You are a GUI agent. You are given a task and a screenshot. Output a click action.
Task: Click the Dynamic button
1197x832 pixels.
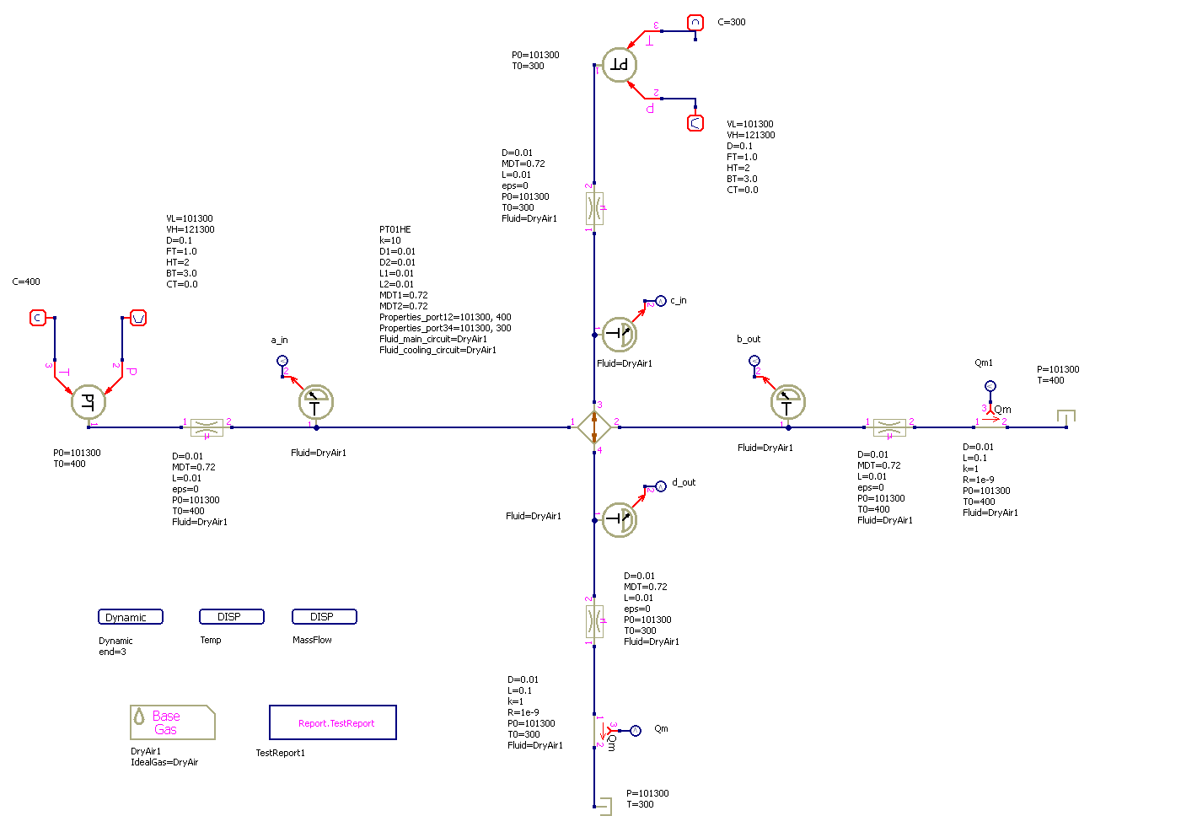pos(130,617)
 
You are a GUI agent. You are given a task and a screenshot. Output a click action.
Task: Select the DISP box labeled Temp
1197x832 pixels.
pos(231,617)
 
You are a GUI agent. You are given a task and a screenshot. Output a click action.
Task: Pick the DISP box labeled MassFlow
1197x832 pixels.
pos(324,617)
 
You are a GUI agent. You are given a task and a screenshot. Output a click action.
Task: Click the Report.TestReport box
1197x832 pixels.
pos(332,722)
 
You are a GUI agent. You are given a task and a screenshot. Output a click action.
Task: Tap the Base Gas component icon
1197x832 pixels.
pos(172,722)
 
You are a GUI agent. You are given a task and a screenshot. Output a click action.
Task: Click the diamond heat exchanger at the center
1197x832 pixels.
pos(594,427)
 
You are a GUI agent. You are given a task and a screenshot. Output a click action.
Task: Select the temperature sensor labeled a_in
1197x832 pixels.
pos(316,402)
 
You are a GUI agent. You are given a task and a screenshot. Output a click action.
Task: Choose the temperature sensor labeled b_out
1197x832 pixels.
pos(788,402)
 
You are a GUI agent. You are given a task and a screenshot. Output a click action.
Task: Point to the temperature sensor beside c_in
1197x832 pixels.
pos(620,335)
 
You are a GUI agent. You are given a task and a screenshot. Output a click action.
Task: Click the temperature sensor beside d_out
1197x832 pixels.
pos(620,519)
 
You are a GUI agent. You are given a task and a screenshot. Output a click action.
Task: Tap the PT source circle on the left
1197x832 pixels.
pos(88,402)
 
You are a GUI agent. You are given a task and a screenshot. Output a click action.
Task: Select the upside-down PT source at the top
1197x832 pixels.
pos(620,65)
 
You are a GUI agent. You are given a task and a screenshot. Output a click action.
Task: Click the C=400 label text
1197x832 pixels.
pos(26,282)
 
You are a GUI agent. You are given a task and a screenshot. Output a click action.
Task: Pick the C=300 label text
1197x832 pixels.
pos(732,22)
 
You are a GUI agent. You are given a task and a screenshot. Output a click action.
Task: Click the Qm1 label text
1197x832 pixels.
pos(984,363)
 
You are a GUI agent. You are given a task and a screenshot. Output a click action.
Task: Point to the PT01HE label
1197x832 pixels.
pos(395,229)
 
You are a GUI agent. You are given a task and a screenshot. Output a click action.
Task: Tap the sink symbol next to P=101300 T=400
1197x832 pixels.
pos(1066,418)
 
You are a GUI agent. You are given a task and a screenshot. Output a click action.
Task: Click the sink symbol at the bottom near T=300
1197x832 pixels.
pos(603,806)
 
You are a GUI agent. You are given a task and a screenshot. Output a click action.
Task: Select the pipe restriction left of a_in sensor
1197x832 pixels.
pos(207,427)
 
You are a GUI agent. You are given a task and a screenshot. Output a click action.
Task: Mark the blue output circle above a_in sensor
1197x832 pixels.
pos(282,361)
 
